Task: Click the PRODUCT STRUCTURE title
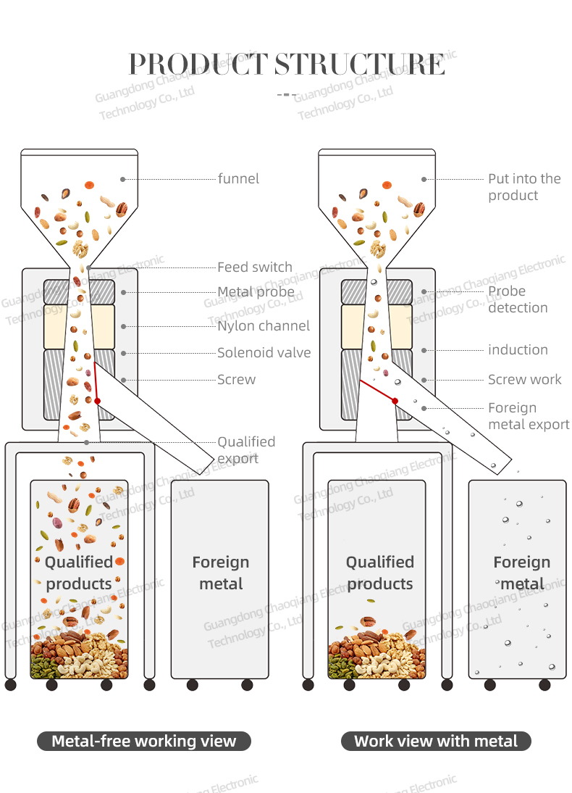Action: point(286,64)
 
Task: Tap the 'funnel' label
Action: point(238,178)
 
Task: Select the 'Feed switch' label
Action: point(255,267)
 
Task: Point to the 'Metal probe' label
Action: point(256,292)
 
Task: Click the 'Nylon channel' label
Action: point(264,326)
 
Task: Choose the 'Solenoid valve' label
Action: point(264,353)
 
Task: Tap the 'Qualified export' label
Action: point(246,450)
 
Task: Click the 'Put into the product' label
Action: point(523,187)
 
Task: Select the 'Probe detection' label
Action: point(517,299)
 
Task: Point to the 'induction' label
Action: point(518,350)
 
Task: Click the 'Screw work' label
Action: point(524,380)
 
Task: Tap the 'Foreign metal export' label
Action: point(528,417)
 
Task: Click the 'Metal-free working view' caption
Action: point(144,742)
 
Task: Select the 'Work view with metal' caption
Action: point(436,742)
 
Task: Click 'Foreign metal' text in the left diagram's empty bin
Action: point(221,573)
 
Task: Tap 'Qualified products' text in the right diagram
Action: point(379,573)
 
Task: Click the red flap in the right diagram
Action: point(378,391)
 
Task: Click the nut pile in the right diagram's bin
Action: point(375,652)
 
